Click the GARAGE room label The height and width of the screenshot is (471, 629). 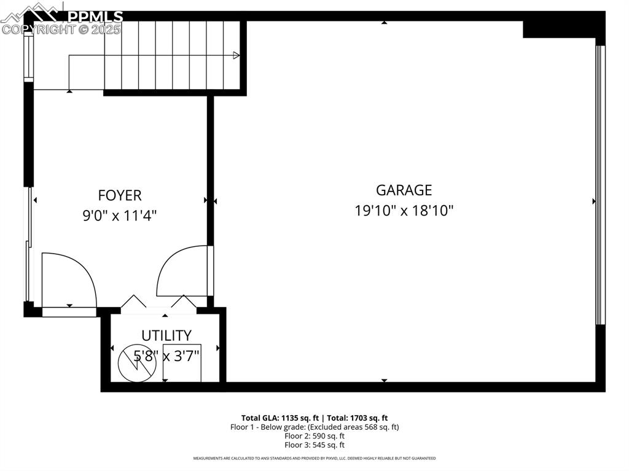point(404,190)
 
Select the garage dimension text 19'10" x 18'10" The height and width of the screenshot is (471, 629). point(404,211)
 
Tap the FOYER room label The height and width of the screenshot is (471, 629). point(120,195)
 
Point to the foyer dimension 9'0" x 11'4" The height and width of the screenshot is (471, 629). point(120,216)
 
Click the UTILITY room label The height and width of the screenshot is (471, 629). point(166,335)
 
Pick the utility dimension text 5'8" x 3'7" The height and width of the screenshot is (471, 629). point(166,354)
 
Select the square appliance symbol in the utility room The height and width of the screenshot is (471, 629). point(182,364)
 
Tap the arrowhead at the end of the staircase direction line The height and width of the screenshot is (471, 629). point(236,56)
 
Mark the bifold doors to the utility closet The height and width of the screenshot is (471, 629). point(158,302)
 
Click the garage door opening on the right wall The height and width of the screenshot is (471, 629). point(600,184)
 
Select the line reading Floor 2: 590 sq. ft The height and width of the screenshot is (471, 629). point(314,436)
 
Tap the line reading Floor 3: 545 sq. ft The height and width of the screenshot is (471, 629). point(314,445)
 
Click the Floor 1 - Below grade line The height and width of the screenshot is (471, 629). point(314,427)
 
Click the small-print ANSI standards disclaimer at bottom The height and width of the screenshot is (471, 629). point(314,458)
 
